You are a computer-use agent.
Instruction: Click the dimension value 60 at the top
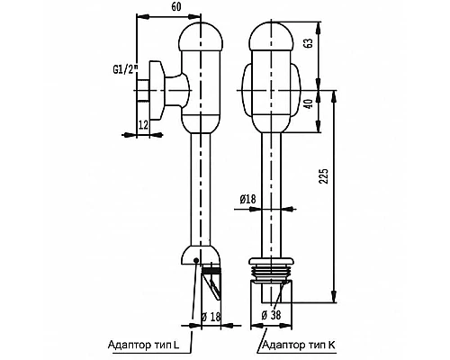176,6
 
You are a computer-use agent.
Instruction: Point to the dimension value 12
143,125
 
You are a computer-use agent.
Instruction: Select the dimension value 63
310,42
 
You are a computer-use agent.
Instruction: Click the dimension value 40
310,103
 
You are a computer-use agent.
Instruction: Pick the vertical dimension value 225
324,176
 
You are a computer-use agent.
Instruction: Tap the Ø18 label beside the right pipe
247,199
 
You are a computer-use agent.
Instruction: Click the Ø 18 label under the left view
211,317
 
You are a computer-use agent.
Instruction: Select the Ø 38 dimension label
271,315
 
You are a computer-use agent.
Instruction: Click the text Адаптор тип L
143,345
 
